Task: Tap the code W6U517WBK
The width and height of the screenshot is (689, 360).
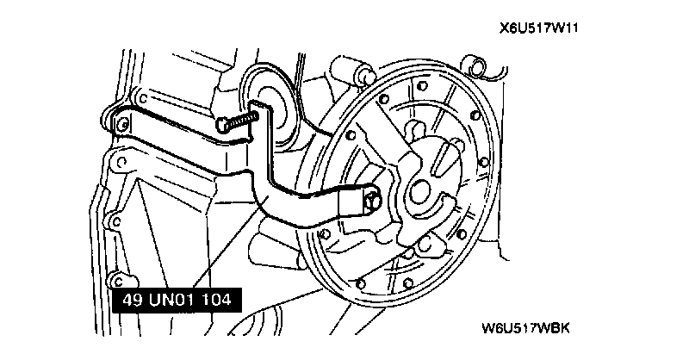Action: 526,327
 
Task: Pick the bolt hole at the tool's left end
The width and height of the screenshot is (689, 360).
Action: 119,121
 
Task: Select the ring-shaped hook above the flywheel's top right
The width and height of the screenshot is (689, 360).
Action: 474,65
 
